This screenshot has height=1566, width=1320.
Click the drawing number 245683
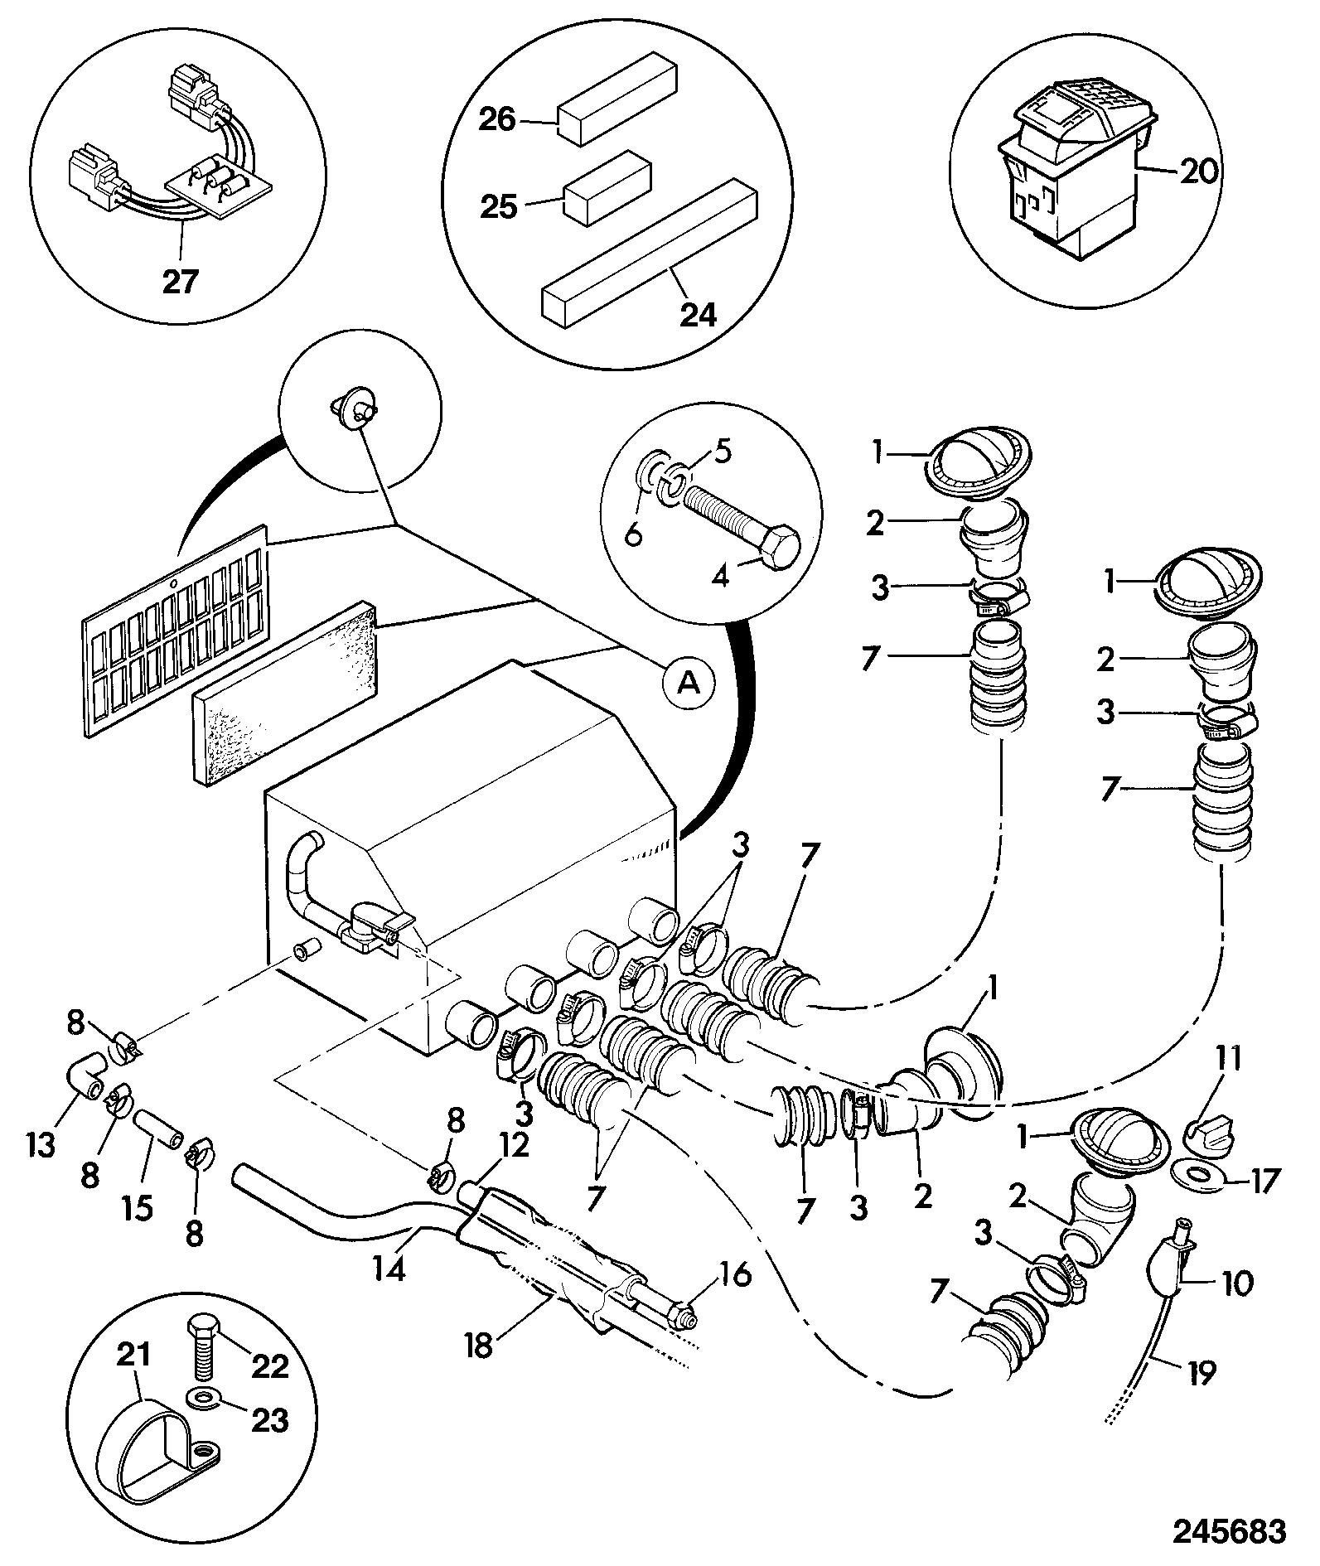coord(1229,1530)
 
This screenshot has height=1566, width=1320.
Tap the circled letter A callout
coord(686,682)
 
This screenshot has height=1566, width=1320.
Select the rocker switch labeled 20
coord(1076,182)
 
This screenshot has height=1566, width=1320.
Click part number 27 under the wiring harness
coord(180,282)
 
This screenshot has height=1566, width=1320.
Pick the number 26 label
coord(496,120)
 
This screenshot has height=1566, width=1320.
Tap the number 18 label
coord(479,1346)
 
